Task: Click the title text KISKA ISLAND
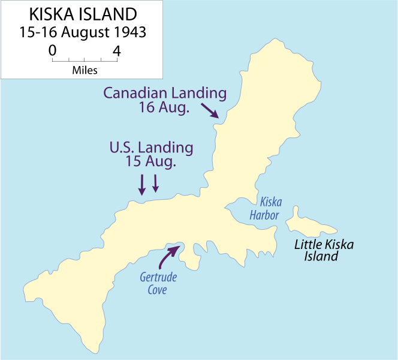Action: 82,14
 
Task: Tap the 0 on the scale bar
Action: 52,51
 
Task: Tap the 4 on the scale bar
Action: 117,51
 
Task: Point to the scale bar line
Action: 85,61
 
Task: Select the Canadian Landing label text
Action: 165,93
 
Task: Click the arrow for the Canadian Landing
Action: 209,110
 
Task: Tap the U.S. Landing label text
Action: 151,147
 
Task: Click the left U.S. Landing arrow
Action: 142,185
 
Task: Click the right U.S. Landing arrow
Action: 156,183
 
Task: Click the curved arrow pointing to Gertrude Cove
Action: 167,256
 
